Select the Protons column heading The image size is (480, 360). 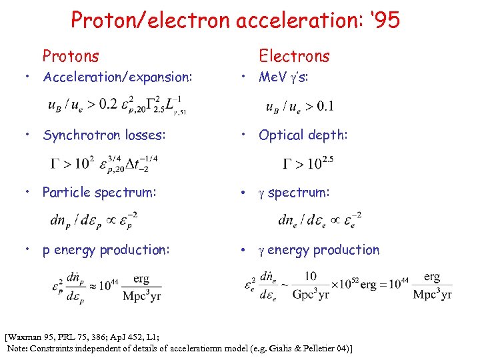[x=70, y=56]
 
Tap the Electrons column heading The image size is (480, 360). [x=294, y=56]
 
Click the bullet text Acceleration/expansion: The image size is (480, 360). [x=117, y=77]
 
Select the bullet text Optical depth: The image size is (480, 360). [x=303, y=135]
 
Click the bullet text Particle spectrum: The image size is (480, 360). [x=99, y=193]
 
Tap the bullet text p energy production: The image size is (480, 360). [x=106, y=250]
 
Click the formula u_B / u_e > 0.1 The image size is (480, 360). [x=299, y=106]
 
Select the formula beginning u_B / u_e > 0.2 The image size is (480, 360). [x=117, y=105]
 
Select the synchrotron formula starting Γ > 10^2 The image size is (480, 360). [x=105, y=162]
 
